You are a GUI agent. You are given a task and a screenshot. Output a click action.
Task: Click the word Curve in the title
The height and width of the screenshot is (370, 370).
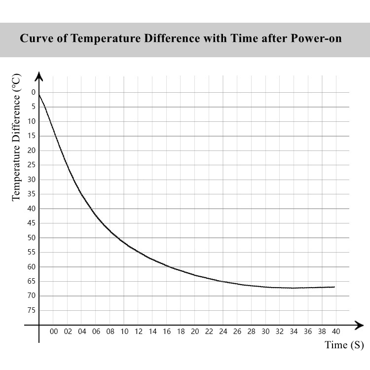tap(35, 39)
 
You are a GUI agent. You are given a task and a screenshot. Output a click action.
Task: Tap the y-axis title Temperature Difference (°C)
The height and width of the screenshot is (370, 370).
tap(16, 137)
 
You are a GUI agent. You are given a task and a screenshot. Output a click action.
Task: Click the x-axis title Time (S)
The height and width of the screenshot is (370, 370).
tap(344, 345)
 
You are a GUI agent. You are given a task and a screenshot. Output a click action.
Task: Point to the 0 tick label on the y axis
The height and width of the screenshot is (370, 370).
tap(34, 92)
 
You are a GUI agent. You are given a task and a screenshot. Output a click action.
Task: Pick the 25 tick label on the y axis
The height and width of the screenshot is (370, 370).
tap(32, 165)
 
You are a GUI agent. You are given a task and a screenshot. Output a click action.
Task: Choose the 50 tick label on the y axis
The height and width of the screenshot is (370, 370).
tap(32, 238)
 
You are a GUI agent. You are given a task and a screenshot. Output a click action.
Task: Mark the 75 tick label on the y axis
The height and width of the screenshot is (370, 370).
tap(32, 310)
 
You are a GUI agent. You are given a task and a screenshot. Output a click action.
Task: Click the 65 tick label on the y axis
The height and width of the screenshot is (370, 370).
tap(32, 281)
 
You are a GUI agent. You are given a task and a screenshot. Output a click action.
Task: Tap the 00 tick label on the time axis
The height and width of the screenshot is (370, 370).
tap(54, 332)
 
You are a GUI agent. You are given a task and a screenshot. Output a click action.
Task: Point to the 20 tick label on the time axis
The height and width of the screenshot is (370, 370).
tap(195, 332)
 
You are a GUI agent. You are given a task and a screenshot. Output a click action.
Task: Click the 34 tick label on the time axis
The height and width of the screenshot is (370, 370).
tap(294, 332)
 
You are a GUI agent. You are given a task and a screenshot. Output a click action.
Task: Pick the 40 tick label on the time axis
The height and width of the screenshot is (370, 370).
tap(336, 332)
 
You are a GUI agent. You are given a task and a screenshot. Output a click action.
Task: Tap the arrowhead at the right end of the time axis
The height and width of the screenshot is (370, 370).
tap(360, 325)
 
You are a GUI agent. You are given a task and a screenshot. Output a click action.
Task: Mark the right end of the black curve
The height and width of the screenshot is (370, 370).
tap(335, 287)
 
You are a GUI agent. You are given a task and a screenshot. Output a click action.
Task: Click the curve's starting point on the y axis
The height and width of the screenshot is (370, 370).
tap(39, 94)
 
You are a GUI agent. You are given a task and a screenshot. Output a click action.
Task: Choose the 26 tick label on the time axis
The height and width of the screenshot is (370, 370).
tap(237, 332)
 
